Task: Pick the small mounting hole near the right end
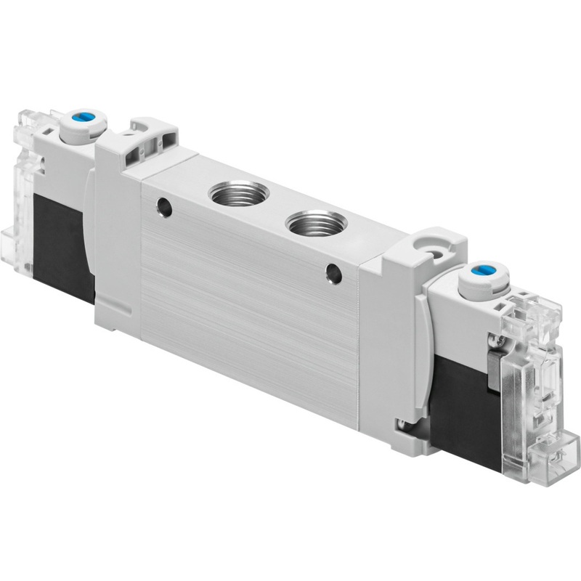(333, 275)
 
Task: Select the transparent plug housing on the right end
(541, 378)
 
